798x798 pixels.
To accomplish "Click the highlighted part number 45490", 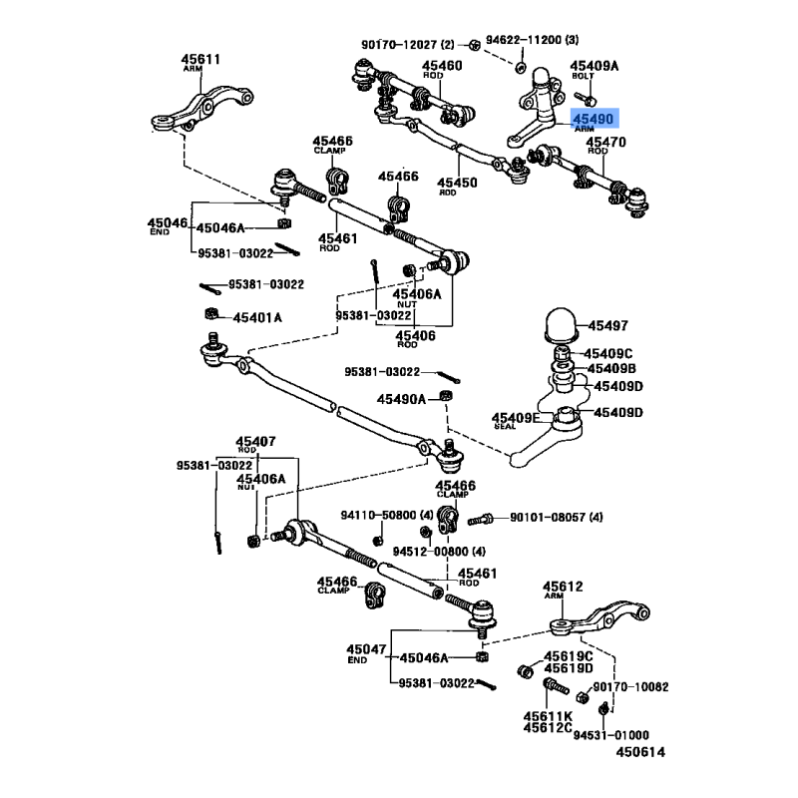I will [593, 119].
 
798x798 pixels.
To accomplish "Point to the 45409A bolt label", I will [595, 67].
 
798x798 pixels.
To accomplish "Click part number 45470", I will [605, 144].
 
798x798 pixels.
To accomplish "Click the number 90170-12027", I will [398, 44].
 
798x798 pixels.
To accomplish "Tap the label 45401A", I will [257, 317].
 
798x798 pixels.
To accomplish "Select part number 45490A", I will [401, 399].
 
